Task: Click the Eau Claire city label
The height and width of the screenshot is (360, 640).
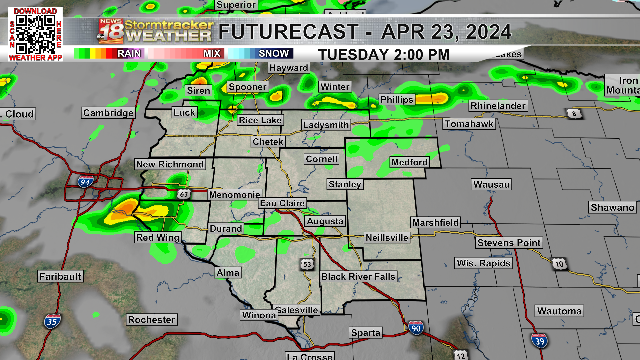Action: tap(282, 203)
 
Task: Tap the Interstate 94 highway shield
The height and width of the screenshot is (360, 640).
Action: tap(85, 182)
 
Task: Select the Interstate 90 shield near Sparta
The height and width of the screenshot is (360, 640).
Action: tap(416, 328)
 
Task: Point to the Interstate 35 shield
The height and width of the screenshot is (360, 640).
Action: tap(52, 322)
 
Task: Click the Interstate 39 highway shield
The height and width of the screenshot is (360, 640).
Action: tap(539, 341)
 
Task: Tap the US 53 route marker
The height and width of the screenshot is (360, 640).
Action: tap(307, 265)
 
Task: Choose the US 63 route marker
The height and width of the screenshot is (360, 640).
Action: tap(184, 194)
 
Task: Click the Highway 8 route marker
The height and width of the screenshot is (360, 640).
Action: tap(574, 114)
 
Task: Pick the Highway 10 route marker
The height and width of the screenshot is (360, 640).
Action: tap(559, 264)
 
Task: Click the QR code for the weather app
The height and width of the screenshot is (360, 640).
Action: tap(35, 35)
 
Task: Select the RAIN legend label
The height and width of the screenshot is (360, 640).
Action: tap(129, 53)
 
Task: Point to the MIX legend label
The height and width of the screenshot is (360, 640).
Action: tap(212, 53)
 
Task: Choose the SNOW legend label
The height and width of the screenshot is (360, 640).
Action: tap(274, 53)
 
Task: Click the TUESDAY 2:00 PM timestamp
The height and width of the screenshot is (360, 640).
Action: tap(384, 55)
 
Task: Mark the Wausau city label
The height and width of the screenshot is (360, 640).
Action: tap(491, 184)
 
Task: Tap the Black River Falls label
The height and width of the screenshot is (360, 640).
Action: tap(358, 277)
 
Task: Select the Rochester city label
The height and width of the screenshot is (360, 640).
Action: tap(152, 320)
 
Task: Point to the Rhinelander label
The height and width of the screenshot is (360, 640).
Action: tap(498, 106)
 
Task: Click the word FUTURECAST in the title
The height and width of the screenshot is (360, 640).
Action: tap(288, 32)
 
